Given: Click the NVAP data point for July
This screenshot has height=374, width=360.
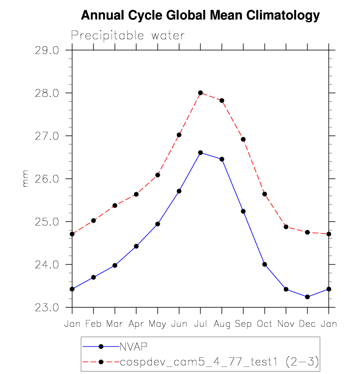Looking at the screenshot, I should [200, 152].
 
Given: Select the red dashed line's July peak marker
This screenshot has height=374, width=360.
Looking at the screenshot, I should [200, 92].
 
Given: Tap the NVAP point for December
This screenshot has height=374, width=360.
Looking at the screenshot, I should [307, 297].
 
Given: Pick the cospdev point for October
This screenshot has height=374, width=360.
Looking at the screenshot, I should [265, 194].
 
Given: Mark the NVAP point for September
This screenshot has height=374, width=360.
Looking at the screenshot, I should [243, 211].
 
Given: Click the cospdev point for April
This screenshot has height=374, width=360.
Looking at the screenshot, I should [136, 194].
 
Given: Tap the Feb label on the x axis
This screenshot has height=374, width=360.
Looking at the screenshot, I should [93, 324].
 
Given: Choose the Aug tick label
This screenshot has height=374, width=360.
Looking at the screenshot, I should [222, 324].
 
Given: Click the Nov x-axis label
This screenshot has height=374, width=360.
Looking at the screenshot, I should [286, 324].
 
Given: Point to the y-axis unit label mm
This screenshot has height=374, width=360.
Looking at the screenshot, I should [26, 179].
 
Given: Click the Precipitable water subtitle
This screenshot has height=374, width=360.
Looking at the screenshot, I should [128, 35].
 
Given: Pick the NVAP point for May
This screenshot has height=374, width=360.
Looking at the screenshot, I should [158, 224].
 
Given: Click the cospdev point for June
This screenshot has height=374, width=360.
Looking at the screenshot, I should [179, 135].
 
